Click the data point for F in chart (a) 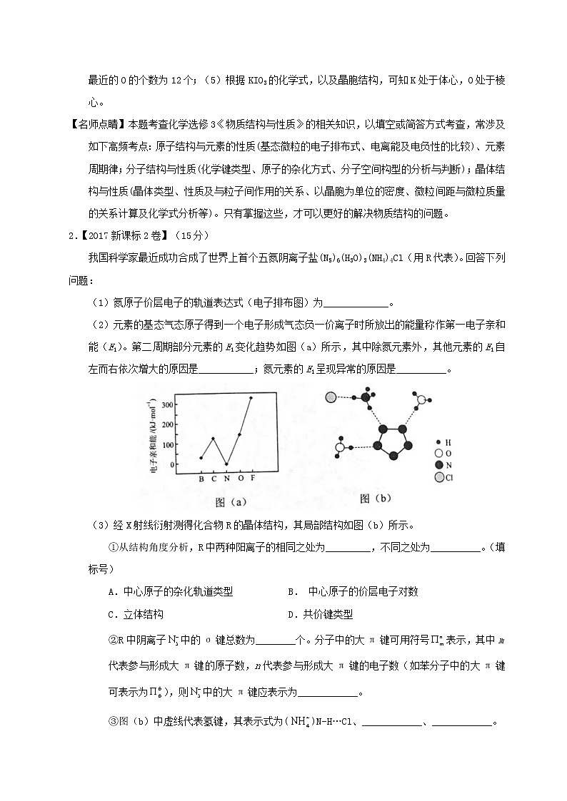251,398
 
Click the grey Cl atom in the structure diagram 331,398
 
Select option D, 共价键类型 320,613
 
